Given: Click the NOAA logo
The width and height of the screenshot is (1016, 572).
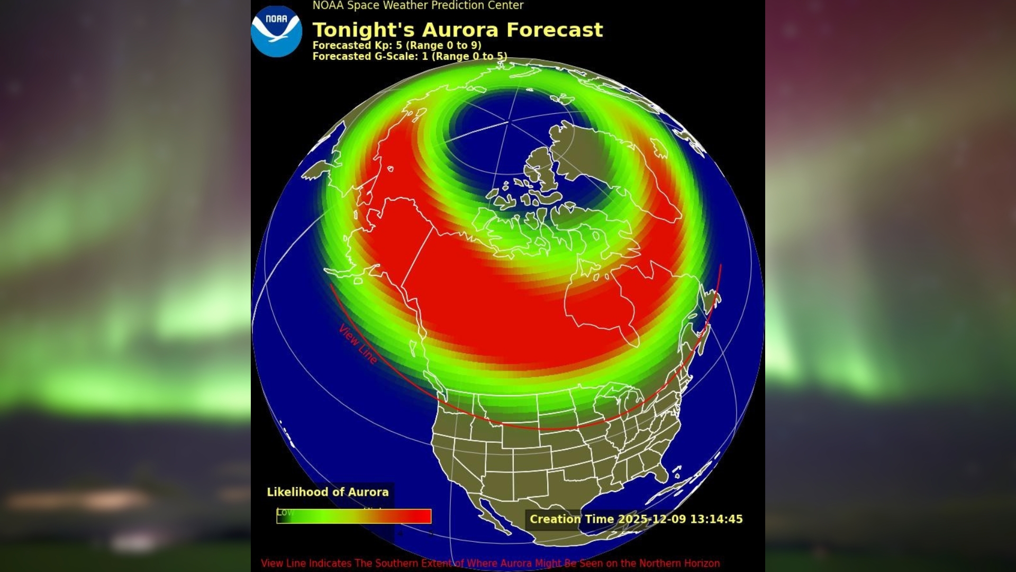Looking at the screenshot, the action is coord(276,31).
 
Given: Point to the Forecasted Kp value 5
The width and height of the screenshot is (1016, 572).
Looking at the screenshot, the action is coord(399,46).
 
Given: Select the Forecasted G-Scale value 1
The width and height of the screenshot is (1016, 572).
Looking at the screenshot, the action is coord(424,56).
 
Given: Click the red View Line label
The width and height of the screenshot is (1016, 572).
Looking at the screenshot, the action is coord(358,344).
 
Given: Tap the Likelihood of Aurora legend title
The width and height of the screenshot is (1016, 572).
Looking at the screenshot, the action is coord(328,492).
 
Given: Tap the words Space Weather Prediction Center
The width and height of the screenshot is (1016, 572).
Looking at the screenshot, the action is coord(435,6).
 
